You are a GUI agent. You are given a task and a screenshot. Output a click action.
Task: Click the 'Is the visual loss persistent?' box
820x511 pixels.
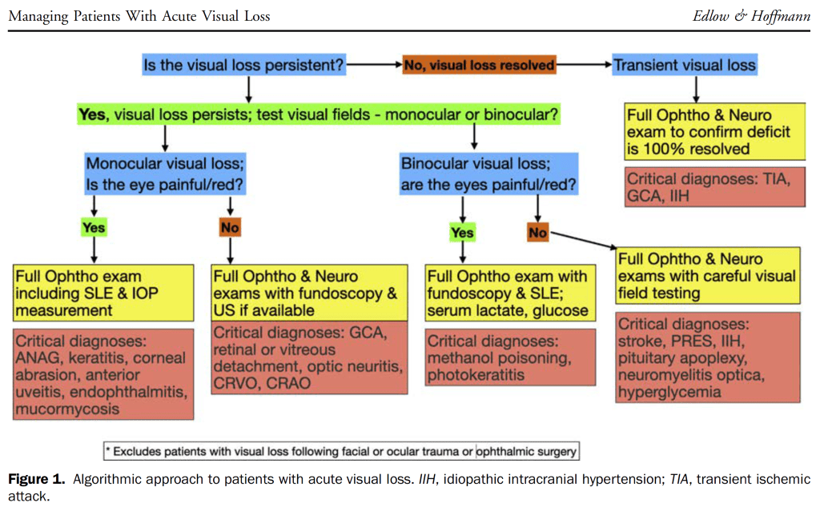pos(244,66)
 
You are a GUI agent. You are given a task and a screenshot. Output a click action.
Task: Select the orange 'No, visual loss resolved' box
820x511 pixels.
pos(479,66)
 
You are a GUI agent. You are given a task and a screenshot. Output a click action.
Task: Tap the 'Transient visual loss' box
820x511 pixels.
pos(685,66)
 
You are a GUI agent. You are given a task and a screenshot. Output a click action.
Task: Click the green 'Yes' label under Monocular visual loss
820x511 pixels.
pos(94,227)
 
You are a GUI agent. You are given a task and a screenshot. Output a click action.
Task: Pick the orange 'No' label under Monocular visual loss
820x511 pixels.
pos(230,227)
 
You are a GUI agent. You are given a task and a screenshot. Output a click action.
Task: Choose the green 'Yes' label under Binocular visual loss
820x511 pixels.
pos(462,233)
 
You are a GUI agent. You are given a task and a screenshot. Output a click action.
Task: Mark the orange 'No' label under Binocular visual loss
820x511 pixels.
pos(537,232)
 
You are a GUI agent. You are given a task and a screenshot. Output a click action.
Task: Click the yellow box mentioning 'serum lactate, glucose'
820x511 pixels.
pos(510,293)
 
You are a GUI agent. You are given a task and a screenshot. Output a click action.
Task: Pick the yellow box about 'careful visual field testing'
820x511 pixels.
pos(708,276)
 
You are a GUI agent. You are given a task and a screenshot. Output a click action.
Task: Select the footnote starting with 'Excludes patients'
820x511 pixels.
pos(341,451)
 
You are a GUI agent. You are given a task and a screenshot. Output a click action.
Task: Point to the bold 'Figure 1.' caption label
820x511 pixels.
pos(37,480)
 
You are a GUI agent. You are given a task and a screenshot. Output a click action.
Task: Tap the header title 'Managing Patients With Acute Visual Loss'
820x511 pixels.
pos(139,15)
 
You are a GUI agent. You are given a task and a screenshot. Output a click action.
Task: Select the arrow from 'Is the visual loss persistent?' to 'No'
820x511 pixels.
pos(374,65)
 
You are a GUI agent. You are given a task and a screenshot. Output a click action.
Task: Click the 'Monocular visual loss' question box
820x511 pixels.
pos(165,174)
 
